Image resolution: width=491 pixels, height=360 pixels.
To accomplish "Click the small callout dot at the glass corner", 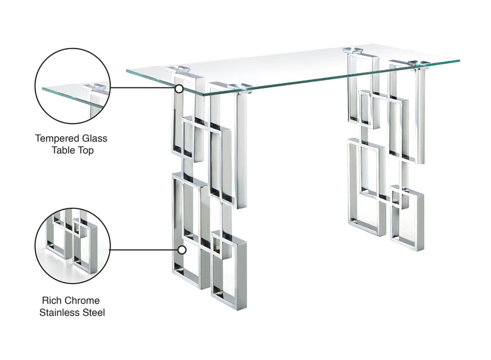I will [x=179, y=88].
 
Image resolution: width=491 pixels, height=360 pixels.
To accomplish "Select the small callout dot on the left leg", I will [x=182, y=250].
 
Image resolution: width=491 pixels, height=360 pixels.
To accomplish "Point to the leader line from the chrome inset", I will [x=145, y=250].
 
